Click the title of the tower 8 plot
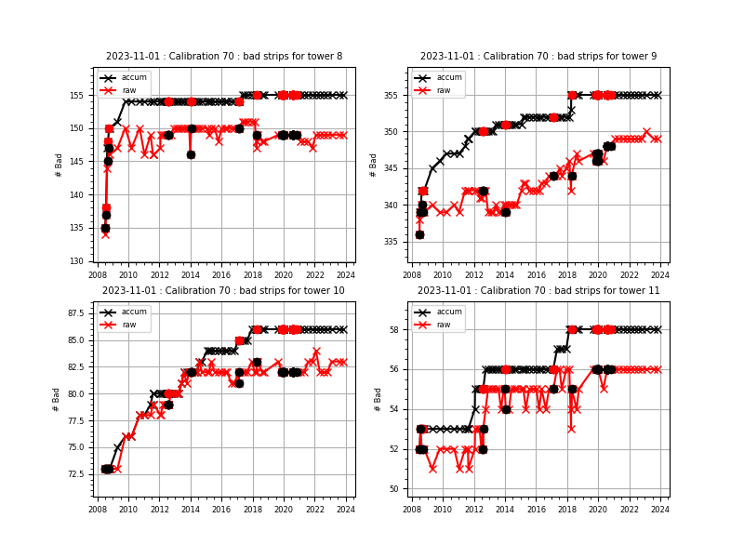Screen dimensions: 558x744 [223, 57]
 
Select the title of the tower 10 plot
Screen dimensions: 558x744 [223, 291]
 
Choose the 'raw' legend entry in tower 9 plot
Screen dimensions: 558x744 [446, 90]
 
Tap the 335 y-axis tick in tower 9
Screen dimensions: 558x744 [395, 242]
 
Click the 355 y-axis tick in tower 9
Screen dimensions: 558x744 [395, 95]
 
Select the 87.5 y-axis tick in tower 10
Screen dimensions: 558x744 [77, 313]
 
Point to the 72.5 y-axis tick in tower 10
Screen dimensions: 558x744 [77, 474]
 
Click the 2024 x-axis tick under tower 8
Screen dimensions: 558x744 [345, 275]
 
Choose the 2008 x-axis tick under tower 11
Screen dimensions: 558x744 [412, 510]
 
